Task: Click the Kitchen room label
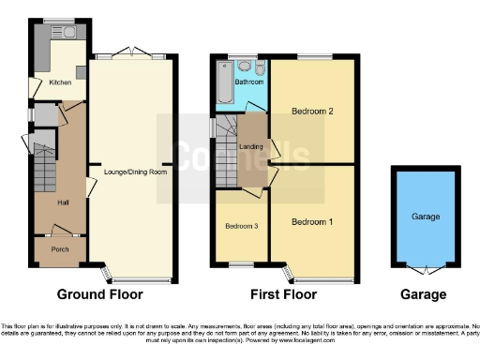pyautogui.click(x=60, y=82)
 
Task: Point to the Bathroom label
pyautogui.click(x=248, y=82)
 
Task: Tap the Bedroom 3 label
pyautogui.click(x=241, y=226)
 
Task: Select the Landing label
pyautogui.click(x=250, y=145)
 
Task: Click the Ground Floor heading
pyautogui.click(x=100, y=294)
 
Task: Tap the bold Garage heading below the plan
pyautogui.click(x=424, y=294)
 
